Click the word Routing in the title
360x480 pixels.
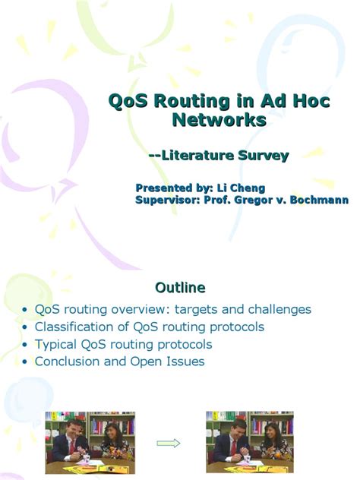click(187, 101)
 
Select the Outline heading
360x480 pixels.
click(180, 288)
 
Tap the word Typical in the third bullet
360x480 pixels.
click(56, 344)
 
